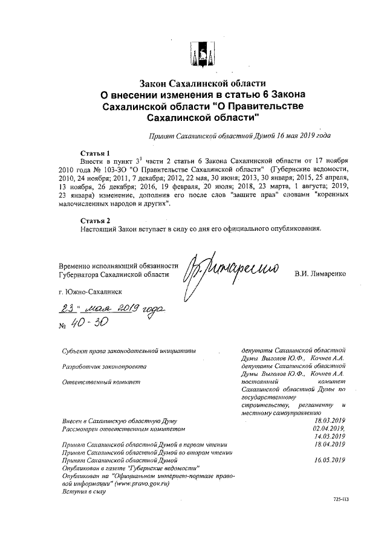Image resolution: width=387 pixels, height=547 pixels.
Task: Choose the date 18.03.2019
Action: (x=330, y=420)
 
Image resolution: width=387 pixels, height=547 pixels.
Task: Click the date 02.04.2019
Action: (x=330, y=428)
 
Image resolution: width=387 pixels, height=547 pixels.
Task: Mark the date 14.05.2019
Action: (x=330, y=436)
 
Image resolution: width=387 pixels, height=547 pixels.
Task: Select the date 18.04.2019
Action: (x=330, y=444)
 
